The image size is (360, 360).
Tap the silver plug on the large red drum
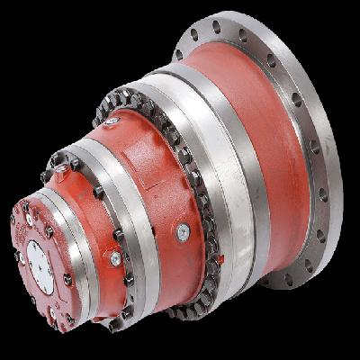point(183,232)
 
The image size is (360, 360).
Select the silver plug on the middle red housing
point(115,258)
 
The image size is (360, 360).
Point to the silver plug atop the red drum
point(112,120)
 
